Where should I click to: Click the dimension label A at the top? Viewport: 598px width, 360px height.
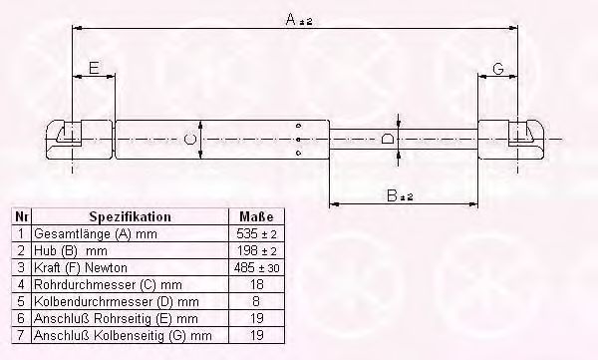[x=299, y=19]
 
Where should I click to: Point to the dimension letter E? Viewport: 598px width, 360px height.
[x=94, y=68]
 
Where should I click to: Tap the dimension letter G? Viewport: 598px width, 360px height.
[x=498, y=69]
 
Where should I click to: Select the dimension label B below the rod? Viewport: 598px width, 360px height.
[x=400, y=195]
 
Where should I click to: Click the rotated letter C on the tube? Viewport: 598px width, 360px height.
[x=189, y=139]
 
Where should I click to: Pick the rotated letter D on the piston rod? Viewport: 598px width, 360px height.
[x=388, y=139]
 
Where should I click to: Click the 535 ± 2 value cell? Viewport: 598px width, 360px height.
[x=256, y=233]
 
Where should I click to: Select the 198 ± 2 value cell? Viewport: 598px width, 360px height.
[x=256, y=250]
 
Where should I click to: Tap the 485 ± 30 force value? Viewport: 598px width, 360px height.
[x=256, y=267]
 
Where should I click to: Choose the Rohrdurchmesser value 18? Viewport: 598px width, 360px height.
[x=256, y=284]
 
